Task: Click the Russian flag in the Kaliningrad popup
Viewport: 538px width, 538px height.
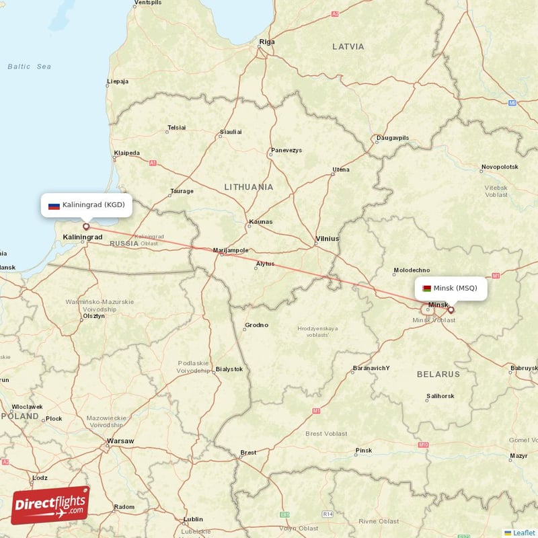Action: pyautogui.click(x=54, y=204)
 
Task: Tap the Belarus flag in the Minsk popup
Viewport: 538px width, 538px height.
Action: pyautogui.click(x=426, y=289)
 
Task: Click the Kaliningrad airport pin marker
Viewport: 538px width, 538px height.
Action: pyautogui.click(x=85, y=227)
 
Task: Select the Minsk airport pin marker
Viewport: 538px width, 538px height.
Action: pyautogui.click(x=451, y=310)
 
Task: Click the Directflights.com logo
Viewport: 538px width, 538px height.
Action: pyautogui.click(x=50, y=505)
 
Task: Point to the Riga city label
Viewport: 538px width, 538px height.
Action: pyautogui.click(x=267, y=42)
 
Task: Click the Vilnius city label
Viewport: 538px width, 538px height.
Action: pyautogui.click(x=328, y=238)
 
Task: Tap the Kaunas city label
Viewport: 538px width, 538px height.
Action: pyautogui.click(x=260, y=221)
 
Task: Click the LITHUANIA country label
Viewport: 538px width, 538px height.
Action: pyautogui.click(x=249, y=187)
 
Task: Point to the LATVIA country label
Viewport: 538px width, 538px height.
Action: pyautogui.click(x=348, y=46)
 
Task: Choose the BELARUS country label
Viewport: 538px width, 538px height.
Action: pyautogui.click(x=438, y=374)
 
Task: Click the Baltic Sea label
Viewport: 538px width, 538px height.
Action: pyautogui.click(x=29, y=67)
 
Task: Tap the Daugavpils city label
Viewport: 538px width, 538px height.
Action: pyautogui.click(x=393, y=138)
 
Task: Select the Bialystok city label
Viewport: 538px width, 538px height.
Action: pyautogui.click(x=229, y=369)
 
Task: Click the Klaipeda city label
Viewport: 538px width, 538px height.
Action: pyautogui.click(x=126, y=153)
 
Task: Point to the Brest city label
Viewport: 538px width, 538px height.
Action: pyautogui.click(x=248, y=453)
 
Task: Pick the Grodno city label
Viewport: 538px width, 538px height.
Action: pyautogui.click(x=256, y=325)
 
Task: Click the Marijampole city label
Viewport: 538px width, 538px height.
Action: pyautogui.click(x=231, y=250)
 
